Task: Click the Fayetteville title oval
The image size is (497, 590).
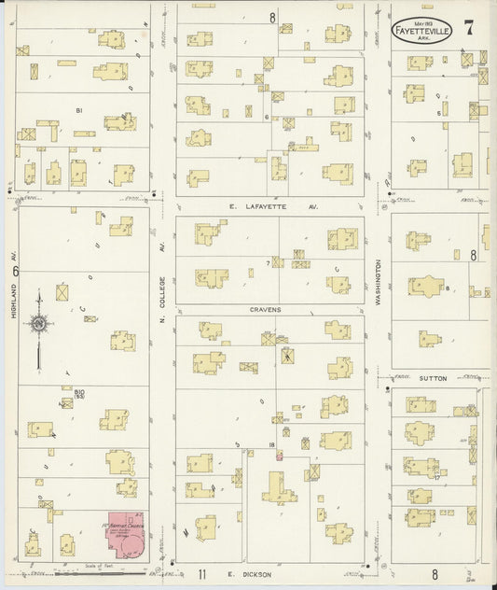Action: point(422,30)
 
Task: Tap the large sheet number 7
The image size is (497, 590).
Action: point(469,27)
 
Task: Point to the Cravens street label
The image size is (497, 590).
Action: point(265,309)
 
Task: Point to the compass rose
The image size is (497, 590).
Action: point(39,324)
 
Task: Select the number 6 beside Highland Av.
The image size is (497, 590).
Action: point(15,271)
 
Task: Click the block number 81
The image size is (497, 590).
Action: point(80,110)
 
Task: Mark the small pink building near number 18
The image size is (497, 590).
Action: point(279,456)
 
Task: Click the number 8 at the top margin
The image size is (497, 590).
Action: point(272,17)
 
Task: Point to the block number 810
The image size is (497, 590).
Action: point(80,392)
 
